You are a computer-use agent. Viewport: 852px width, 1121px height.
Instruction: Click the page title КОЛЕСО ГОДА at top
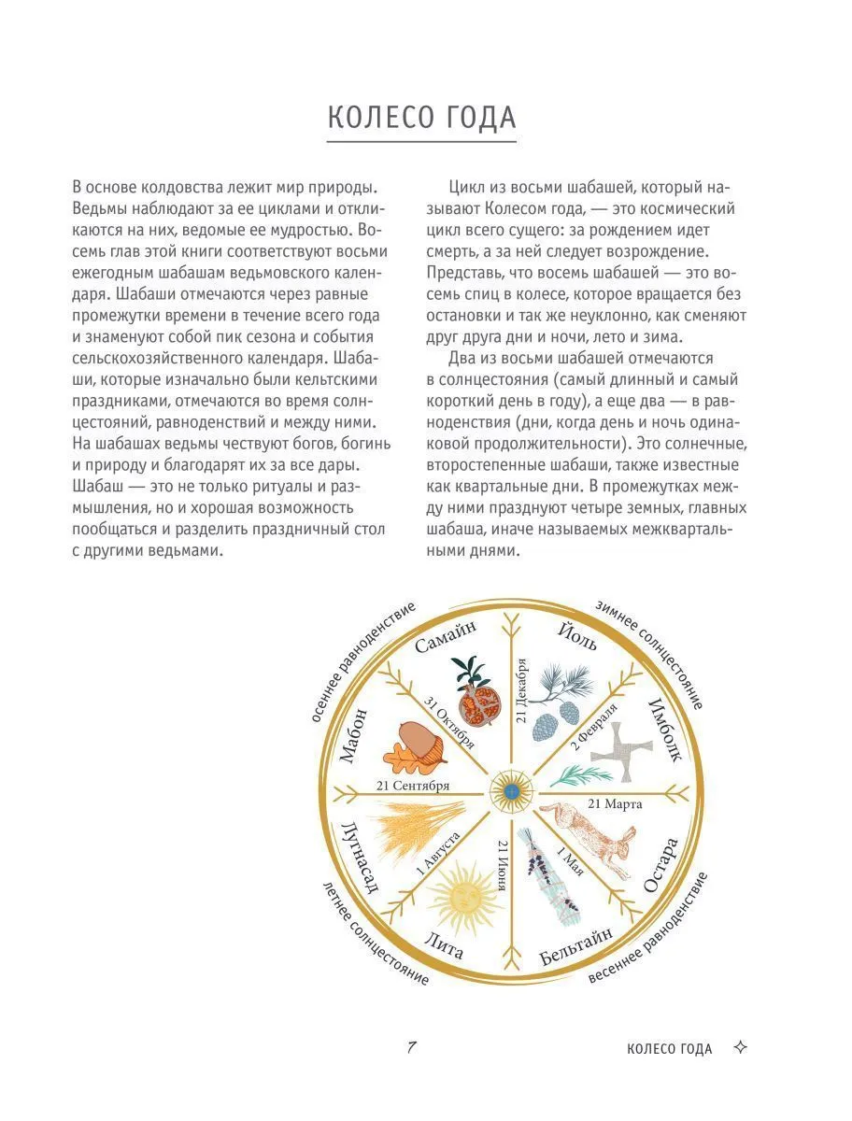point(421,119)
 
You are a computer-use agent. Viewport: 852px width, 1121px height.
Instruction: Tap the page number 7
point(411,1047)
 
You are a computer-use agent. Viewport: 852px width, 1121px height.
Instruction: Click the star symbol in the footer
point(741,1048)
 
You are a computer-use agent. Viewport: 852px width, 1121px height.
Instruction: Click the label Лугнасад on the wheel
point(360,858)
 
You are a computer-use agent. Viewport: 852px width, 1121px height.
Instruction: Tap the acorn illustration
point(409,747)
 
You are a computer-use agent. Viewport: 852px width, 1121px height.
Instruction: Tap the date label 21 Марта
point(618,802)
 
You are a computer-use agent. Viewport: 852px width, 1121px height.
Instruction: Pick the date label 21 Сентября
point(413,785)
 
